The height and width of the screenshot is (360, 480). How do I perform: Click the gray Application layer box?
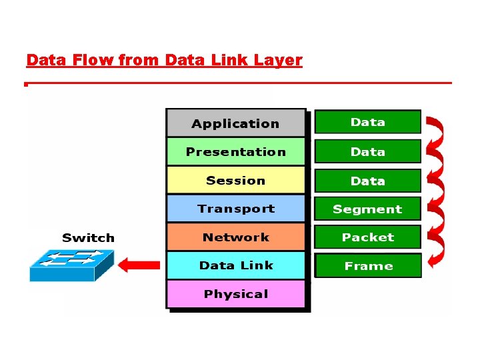click(235, 123)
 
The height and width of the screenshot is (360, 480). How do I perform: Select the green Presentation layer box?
click(235, 152)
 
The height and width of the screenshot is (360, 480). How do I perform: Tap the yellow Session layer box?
click(235, 181)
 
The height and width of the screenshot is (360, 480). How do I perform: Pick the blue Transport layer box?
click(235, 209)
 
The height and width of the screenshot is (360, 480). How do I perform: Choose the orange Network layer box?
click(235, 237)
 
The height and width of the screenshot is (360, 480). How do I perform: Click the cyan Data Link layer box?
click(235, 265)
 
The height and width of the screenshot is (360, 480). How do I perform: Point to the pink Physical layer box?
click(235, 294)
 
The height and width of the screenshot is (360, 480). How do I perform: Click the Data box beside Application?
click(367, 122)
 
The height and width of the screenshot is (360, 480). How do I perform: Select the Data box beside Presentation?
click(367, 151)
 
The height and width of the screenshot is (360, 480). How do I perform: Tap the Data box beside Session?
click(367, 181)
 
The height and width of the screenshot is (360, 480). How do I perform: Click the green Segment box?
click(367, 209)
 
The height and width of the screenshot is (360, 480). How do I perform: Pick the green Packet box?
click(367, 237)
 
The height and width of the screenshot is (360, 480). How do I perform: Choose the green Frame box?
click(367, 265)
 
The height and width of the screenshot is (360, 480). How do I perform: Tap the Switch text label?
click(88, 238)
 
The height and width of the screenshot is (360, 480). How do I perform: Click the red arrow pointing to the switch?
click(139, 265)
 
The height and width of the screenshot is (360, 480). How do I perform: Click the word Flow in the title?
click(94, 61)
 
